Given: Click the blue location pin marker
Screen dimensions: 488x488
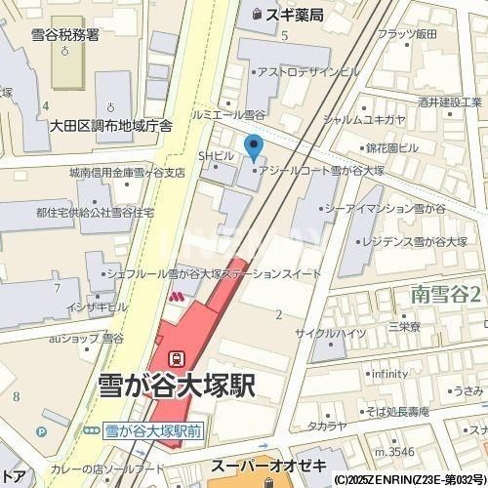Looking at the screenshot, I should pyautogui.click(x=254, y=148).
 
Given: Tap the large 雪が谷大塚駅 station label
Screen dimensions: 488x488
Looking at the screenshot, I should pyautogui.click(x=178, y=386).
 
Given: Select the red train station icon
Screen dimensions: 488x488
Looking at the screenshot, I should pyautogui.click(x=177, y=358).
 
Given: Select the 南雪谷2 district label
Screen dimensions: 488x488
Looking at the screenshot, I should pyautogui.click(x=446, y=292).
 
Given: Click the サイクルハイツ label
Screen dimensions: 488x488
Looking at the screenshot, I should pyautogui.click(x=337, y=332).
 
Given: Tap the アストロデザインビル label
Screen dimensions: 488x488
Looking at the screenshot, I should pyautogui.click(x=309, y=72).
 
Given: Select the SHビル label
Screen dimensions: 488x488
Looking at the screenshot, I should pyautogui.click(x=217, y=155).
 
